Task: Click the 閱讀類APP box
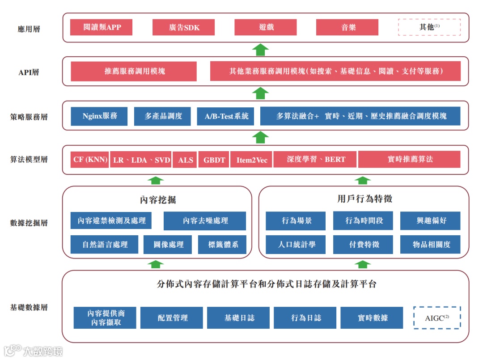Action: coord(102,27)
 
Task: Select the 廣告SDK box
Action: coord(184,27)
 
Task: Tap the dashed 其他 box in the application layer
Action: coord(429,27)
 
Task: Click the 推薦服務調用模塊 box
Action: coord(134,71)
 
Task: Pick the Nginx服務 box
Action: coord(99,116)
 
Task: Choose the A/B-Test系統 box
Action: coord(226,116)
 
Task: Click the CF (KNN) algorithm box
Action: coord(89,160)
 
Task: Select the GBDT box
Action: coord(214,160)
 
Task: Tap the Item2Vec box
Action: coord(252,160)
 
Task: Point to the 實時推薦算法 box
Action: coord(409,160)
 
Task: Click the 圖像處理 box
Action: coord(168,245)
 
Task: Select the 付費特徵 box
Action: coord(363,245)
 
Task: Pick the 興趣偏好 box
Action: coord(430,221)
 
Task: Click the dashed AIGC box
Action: coord(437,318)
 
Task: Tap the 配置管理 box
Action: coord(172,318)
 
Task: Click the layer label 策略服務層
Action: coord(29,117)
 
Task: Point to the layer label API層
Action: coord(29,72)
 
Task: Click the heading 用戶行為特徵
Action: coord(364,199)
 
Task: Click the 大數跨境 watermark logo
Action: coord(34,351)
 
